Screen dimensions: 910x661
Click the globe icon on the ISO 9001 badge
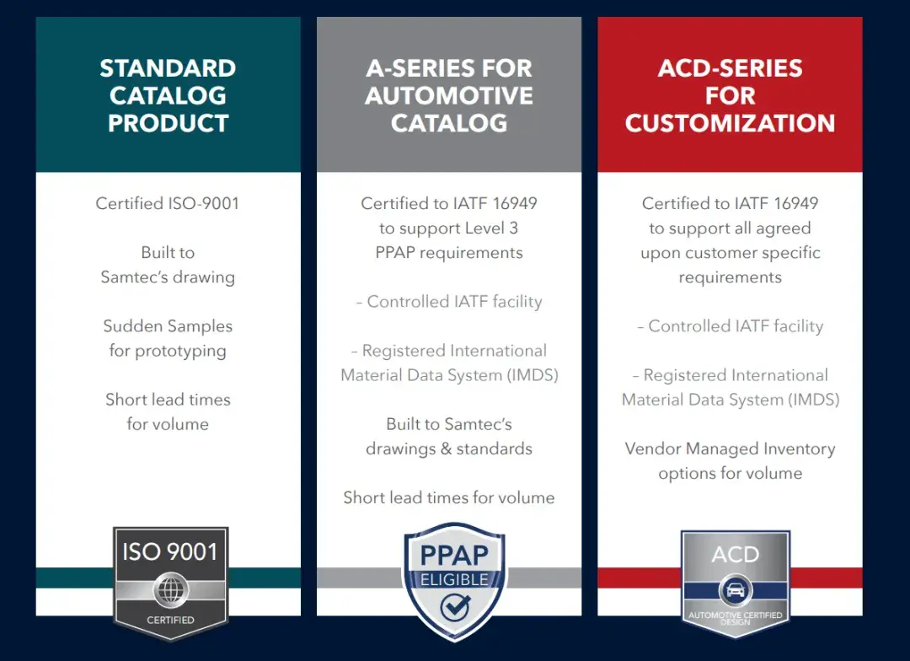click(x=170, y=589)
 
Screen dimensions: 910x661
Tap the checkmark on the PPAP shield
click(x=456, y=608)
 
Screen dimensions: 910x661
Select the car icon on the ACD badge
click(x=736, y=590)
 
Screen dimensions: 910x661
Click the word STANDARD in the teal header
click(x=168, y=68)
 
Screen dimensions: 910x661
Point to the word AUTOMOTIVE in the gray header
click(x=448, y=96)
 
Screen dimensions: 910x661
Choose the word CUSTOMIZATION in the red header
click(x=730, y=123)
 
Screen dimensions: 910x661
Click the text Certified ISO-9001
click(x=168, y=203)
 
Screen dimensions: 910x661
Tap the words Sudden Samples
click(x=168, y=325)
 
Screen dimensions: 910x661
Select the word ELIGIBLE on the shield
click(x=454, y=580)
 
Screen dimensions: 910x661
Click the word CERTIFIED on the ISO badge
click(x=170, y=620)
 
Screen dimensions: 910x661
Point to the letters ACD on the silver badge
click(x=736, y=555)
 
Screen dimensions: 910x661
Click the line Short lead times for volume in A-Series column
click(x=448, y=497)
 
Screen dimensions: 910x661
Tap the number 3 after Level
click(x=514, y=228)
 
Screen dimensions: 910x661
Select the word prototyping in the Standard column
click(x=180, y=352)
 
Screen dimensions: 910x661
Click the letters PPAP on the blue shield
click(x=454, y=555)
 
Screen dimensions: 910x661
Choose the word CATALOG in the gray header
click(x=448, y=123)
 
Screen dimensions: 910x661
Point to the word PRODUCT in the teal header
click(x=168, y=123)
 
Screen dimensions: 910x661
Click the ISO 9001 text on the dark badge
click(x=170, y=551)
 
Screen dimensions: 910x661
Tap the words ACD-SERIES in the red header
click(x=730, y=68)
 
